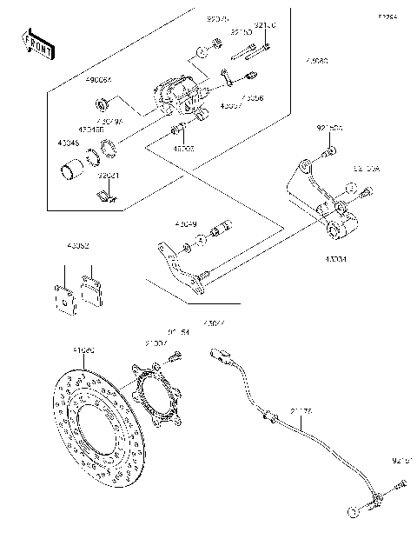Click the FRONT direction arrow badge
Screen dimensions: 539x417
33,43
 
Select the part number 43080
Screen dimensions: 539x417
316,63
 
